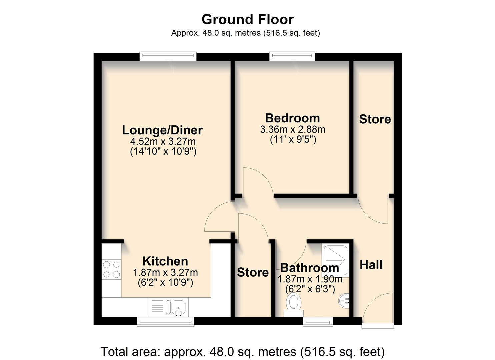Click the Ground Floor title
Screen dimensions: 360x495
tap(247, 19)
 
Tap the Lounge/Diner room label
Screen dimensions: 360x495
tap(162, 130)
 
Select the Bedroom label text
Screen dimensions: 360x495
tap(292, 118)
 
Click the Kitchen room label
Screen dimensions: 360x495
tap(165, 261)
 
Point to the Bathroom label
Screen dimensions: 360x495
tap(309, 268)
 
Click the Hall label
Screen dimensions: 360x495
tap(371, 265)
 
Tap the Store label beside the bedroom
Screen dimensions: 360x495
tap(375, 119)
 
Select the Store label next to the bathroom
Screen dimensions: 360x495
tap(253, 272)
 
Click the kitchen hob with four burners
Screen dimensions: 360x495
tap(111, 269)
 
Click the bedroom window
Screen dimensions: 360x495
tap(292, 56)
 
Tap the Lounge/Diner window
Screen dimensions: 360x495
tap(168, 56)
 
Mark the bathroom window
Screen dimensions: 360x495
tap(318, 321)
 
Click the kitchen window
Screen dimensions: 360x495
tap(165, 321)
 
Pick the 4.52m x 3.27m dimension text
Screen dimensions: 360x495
tap(163, 141)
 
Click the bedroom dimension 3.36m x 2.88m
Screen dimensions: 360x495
tap(292, 129)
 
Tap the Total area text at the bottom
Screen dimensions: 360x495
tap(242, 352)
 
